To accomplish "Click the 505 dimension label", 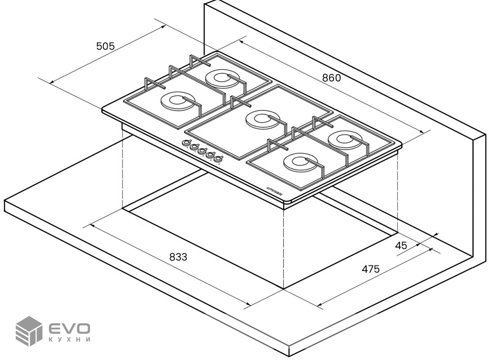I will (106, 46).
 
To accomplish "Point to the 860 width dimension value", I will (331, 77).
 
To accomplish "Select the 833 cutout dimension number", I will (178, 257).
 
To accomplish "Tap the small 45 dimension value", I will (401, 246).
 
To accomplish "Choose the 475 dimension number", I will (371, 269).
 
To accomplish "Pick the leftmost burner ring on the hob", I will (176, 101).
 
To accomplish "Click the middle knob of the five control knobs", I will (203, 151).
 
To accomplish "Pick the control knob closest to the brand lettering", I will (219, 158).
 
